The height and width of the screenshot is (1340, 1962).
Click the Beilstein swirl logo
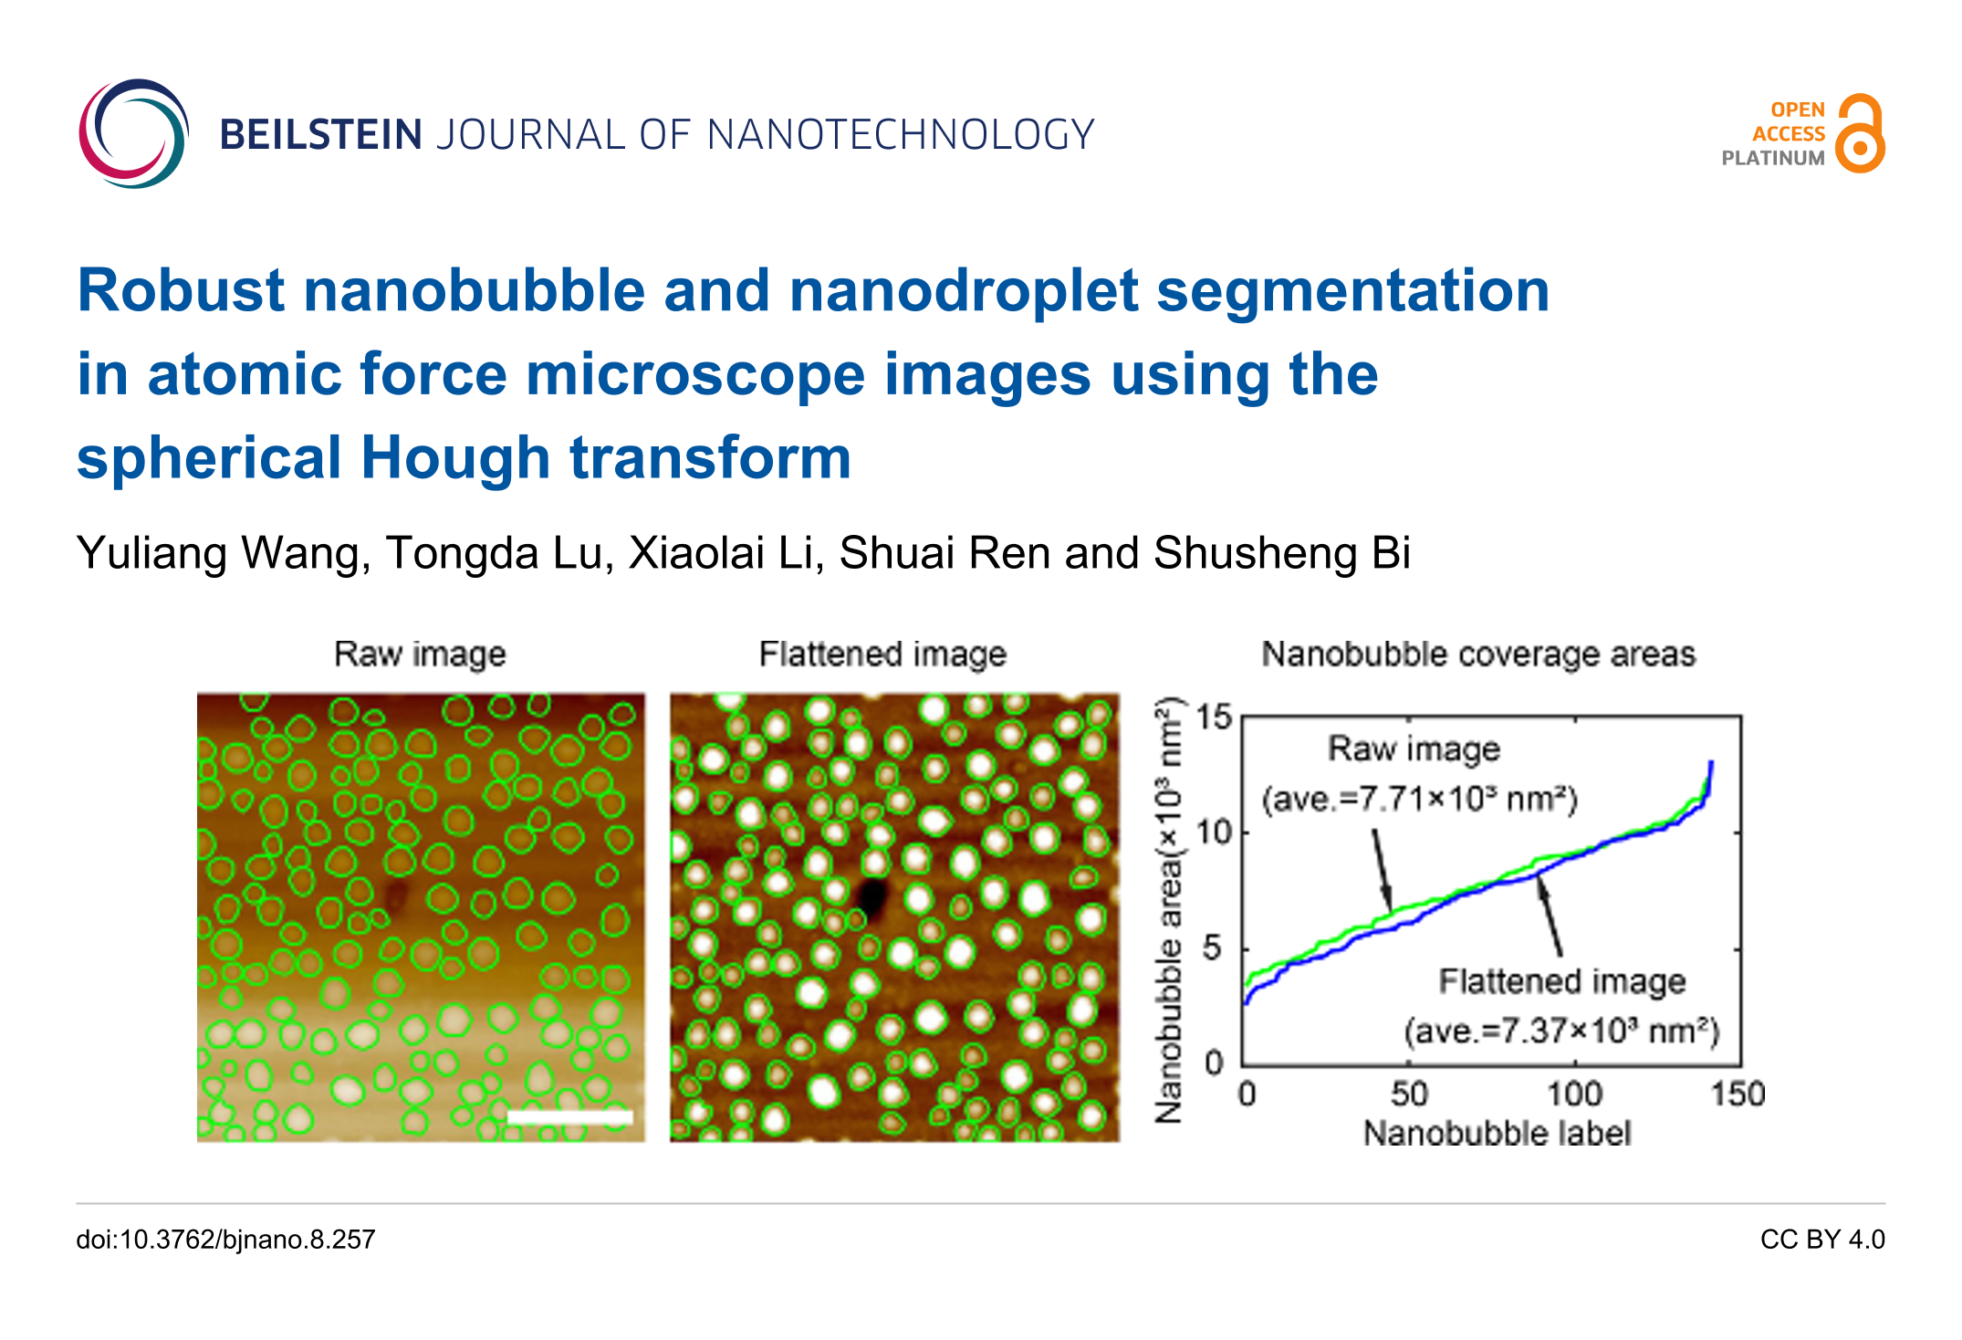(x=133, y=133)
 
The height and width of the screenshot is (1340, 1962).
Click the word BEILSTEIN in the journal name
(x=320, y=135)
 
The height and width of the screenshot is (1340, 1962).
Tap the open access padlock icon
(x=1861, y=134)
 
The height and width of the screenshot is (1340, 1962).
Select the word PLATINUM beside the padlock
(x=1772, y=158)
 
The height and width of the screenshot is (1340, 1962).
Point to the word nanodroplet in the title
(x=964, y=291)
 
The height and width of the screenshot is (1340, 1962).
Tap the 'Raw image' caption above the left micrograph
(x=420, y=654)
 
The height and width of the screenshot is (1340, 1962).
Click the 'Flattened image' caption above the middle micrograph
(x=882, y=654)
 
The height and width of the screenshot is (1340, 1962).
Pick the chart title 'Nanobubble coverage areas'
(x=1478, y=654)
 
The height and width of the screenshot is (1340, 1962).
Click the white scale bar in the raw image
(x=569, y=1116)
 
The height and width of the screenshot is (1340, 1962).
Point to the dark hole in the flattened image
(x=873, y=896)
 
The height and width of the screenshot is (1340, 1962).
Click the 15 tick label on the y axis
(x=1215, y=717)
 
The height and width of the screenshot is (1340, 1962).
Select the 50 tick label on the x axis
(x=1409, y=1094)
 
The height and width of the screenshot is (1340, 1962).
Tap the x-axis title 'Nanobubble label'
(x=1497, y=1133)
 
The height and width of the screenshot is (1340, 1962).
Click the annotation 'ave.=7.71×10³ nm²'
(x=1420, y=800)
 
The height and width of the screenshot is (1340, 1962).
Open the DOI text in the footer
(x=225, y=1240)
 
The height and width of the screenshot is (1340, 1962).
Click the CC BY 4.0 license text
(x=1822, y=1240)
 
